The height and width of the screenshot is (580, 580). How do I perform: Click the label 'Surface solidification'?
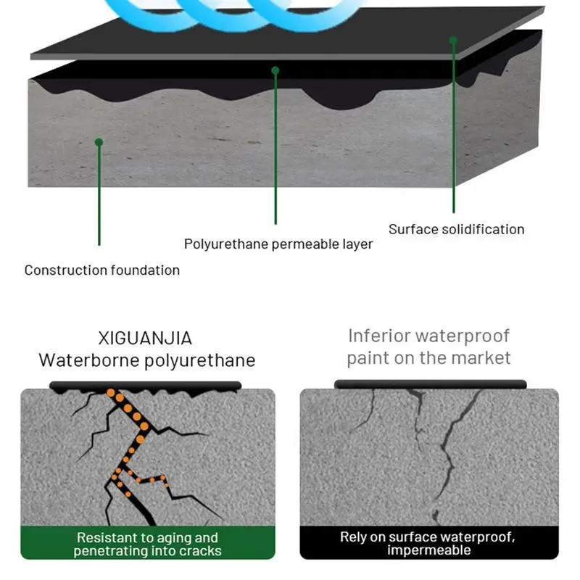coord(456,229)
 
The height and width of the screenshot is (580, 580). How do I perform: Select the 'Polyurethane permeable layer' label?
coord(278,244)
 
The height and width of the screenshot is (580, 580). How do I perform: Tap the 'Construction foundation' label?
coord(102,270)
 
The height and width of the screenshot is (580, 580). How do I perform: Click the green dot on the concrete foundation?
coord(99,142)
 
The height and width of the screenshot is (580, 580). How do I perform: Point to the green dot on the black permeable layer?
coord(275,70)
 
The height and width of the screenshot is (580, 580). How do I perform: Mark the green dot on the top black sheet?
coord(453,40)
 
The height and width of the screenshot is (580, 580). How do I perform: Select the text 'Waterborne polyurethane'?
coord(147,360)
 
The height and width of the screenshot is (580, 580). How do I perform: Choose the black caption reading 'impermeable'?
coord(428,550)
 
